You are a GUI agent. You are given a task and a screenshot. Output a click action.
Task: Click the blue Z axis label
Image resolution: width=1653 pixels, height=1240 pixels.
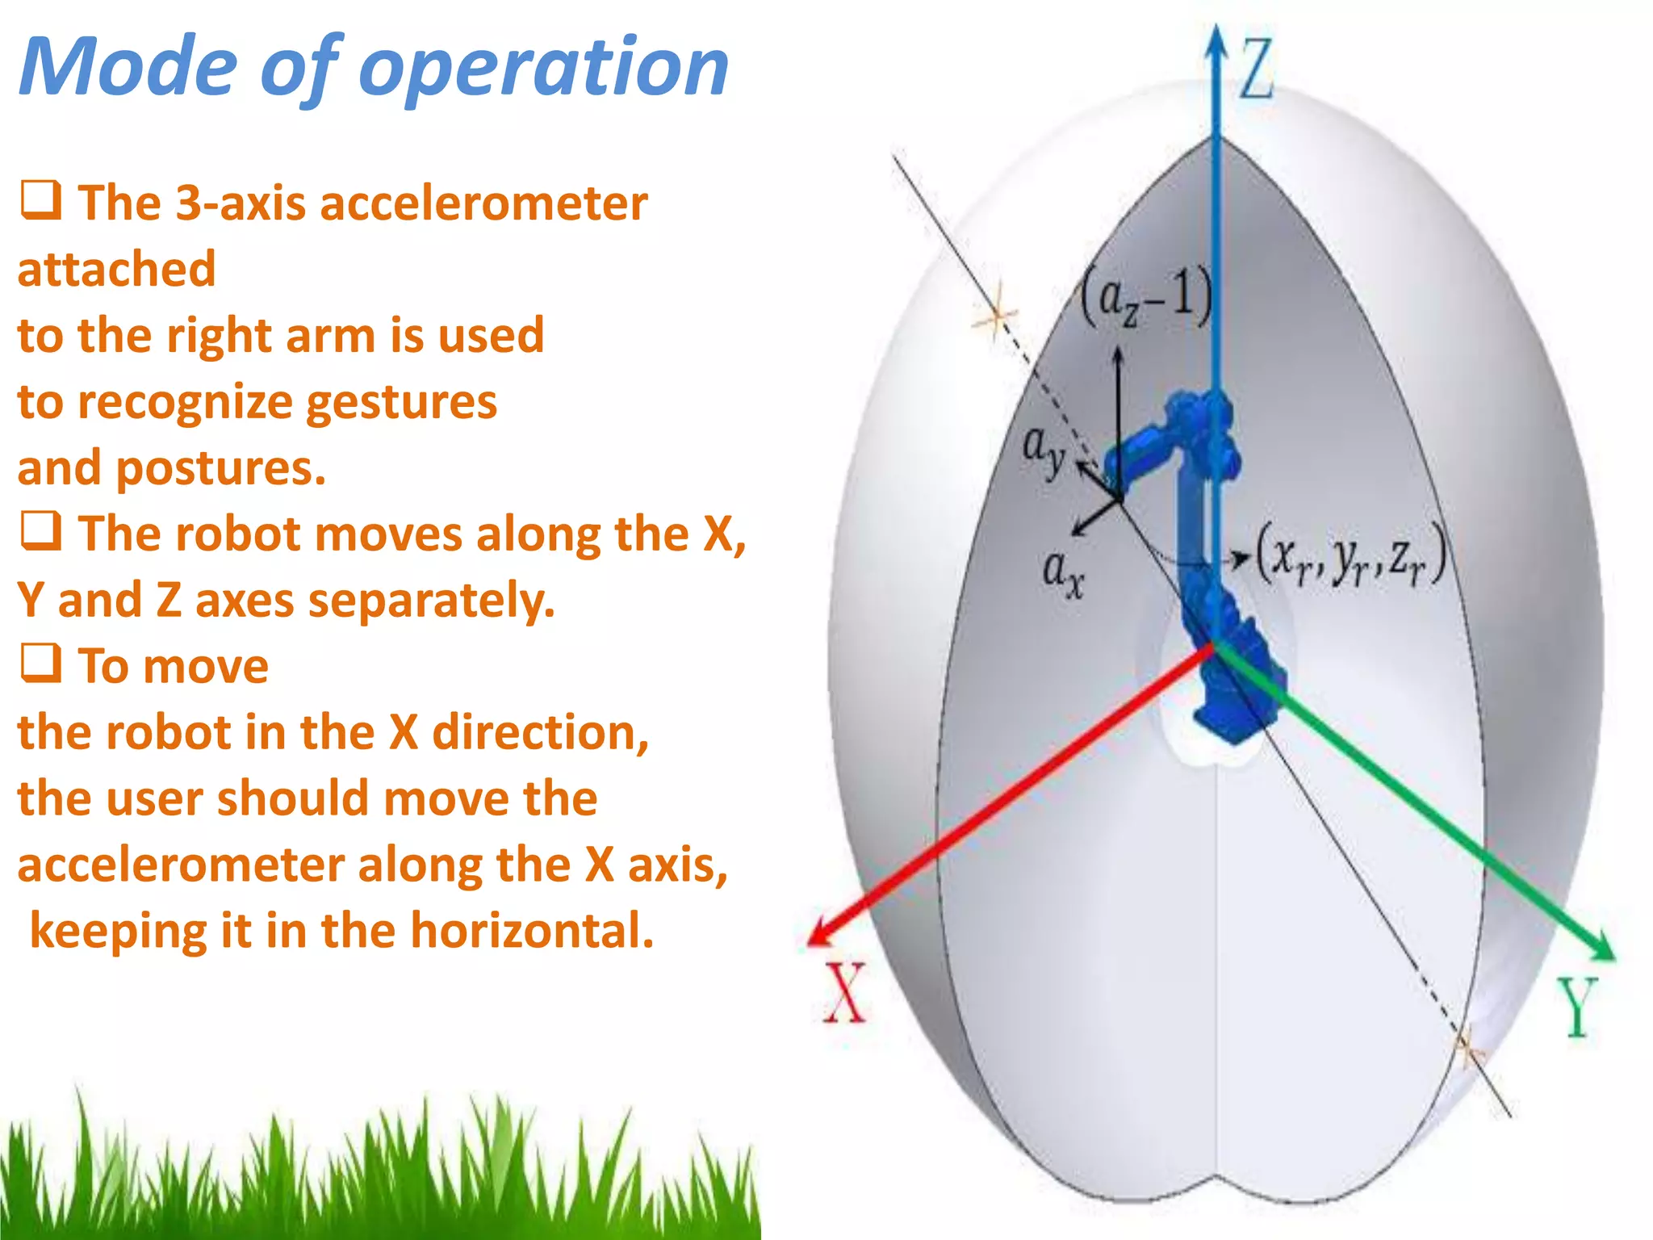1256,69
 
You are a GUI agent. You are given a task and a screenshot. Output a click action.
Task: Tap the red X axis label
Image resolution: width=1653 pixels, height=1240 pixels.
844,993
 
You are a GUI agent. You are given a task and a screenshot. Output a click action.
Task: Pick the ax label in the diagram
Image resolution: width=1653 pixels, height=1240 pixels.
1063,573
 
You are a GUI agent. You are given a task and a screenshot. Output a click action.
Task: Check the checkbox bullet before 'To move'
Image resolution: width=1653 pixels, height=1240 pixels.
40,664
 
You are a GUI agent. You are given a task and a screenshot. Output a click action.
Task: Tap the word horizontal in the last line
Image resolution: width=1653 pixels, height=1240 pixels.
532,930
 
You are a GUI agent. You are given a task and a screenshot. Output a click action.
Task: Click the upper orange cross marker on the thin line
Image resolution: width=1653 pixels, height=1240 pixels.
996,316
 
